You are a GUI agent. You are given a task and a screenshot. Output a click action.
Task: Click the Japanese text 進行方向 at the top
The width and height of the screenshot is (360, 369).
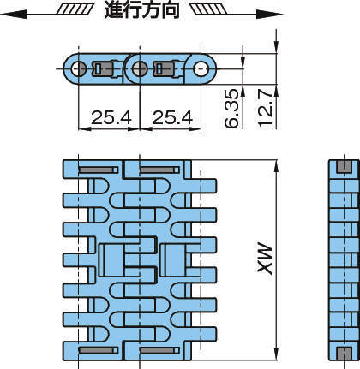[141, 10]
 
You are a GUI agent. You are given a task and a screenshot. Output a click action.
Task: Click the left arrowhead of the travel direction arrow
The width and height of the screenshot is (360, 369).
[14, 14]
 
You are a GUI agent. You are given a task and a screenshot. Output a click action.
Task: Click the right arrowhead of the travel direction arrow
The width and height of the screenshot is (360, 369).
[269, 14]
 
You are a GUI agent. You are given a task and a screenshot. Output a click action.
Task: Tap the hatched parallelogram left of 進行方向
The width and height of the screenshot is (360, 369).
[75, 9]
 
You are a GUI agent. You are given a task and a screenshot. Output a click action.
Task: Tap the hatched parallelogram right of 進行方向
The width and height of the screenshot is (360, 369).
[208, 9]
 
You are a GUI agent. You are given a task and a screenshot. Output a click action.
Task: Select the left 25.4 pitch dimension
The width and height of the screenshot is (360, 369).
[111, 117]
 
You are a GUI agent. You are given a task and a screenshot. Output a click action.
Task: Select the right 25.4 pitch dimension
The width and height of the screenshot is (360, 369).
[172, 117]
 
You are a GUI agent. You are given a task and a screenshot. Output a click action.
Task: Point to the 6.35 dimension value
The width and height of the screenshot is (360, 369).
[231, 109]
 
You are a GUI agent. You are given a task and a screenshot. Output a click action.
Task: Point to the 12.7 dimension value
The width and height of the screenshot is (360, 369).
[265, 108]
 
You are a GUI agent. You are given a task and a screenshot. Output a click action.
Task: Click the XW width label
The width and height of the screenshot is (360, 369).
[265, 259]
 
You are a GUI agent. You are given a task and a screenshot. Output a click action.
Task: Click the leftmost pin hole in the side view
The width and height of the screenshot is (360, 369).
[78, 68]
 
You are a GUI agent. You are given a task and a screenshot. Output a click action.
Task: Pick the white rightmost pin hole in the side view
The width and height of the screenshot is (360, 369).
[201, 68]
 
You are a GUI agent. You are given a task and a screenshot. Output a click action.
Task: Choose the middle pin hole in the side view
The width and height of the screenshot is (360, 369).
[140, 68]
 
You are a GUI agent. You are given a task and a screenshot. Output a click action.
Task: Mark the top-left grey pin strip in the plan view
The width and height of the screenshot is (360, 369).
[99, 170]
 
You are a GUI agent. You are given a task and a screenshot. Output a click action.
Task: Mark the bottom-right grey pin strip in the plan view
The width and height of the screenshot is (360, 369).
[159, 350]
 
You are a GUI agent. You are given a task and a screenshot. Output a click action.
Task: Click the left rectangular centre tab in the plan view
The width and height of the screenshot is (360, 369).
[112, 260]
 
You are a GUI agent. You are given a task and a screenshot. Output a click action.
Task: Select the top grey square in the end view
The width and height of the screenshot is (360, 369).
[344, 167]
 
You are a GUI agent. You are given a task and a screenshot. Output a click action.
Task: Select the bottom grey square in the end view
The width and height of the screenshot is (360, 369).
[344, 354]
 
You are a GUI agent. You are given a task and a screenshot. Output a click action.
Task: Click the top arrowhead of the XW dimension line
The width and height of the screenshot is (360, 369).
[276, 167]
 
